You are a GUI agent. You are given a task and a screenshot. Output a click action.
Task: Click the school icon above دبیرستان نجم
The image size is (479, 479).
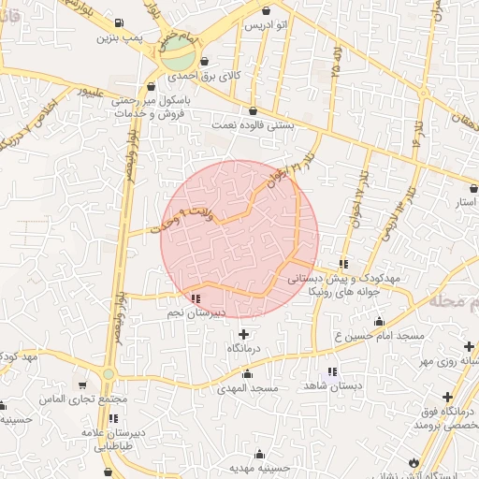pyautogui.click(x=195, y=299)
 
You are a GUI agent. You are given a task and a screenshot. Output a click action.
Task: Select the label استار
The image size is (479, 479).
pyautogui.click(x=465, y=202)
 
